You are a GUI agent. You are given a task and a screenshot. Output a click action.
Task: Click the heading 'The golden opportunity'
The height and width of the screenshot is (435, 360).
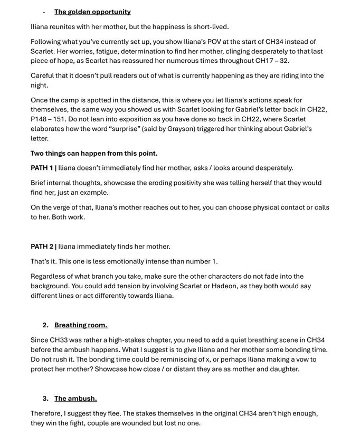pos(92,12)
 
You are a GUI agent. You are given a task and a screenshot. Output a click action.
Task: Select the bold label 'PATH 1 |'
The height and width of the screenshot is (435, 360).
pos(44,168)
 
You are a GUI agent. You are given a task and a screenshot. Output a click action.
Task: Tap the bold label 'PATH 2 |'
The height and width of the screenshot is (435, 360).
pos(44,247)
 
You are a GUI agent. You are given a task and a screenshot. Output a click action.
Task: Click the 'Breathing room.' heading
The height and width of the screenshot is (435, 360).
pos(81,325)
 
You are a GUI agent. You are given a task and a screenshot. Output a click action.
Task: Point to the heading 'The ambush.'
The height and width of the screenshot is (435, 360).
pos(75,399)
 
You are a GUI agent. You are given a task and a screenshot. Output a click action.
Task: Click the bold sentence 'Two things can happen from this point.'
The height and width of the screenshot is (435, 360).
pos(94,154)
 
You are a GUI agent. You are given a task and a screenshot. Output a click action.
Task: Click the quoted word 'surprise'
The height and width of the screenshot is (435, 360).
pos(127,129)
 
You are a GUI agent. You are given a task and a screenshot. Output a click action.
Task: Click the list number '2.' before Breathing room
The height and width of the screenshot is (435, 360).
pos(45,325)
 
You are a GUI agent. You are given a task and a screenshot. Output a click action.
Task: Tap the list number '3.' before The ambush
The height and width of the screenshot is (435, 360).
pos(45,399)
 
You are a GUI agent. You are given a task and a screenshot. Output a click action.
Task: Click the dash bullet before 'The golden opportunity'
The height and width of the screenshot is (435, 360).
pos(44,12)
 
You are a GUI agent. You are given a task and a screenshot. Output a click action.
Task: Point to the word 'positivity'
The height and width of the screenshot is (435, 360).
pos(173,183)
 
